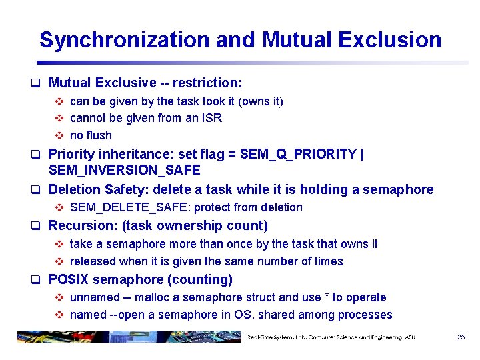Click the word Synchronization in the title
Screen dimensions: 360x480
pyautogui.click(x=125, y=40)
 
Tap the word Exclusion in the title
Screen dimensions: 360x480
pyautogui.click(x=389, y=40)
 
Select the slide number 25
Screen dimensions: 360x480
pyautogui.click(x=461, y=337)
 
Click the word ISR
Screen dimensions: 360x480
pyautogui.click(x=211, y=119)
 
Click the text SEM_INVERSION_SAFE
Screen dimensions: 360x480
pyautogui.click(x=125, y=171)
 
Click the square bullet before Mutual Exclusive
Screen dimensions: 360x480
pyautogui.click(x=39, y=83)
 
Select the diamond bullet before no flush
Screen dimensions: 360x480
pyautogui.click(x=59, y=136)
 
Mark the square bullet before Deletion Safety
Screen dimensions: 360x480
pyautogui.click(x=39, y=190)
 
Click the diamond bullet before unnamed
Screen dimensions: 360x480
pyautogui.click(x=59, y=297)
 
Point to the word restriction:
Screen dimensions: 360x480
pyautogui.click(x=207, y=83)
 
